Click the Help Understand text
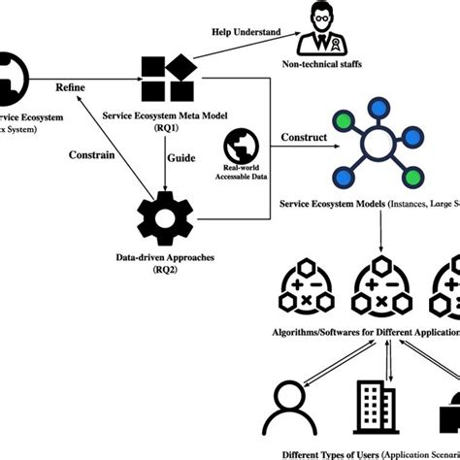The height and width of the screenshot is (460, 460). (x=246, y=32)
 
